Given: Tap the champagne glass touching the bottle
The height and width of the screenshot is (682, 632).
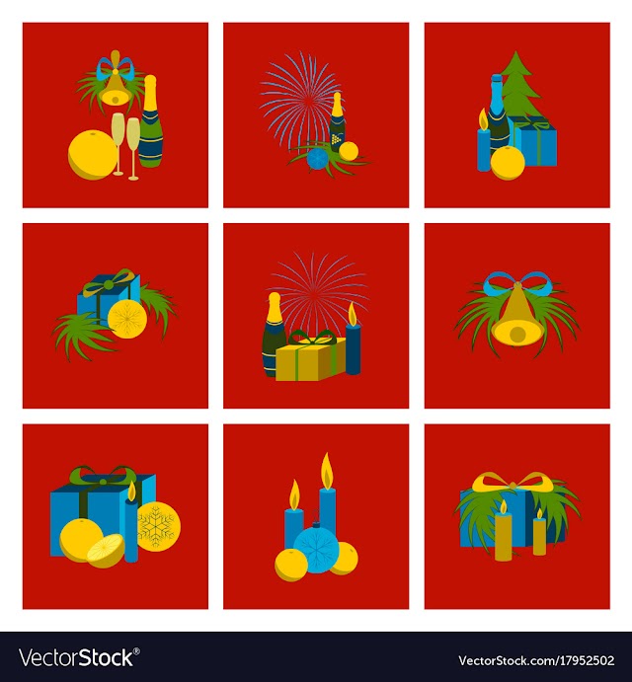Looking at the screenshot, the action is tap(132, 148).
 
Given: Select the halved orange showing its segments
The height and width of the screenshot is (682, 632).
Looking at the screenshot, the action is tap(106, 552).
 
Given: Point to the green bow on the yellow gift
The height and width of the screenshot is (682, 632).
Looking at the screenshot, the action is tap(312, 337).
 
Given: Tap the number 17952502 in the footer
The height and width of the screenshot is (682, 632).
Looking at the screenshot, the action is tap(582, 660).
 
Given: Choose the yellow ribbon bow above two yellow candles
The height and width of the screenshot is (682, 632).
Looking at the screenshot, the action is tap(516, 482).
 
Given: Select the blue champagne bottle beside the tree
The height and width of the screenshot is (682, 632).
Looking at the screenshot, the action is tap(498, 115).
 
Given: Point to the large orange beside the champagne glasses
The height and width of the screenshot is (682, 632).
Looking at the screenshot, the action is tap(93, 155).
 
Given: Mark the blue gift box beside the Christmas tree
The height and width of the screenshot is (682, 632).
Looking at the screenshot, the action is tap(534, 141).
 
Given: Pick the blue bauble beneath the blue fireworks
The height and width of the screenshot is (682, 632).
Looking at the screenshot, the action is tap(317, 159).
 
